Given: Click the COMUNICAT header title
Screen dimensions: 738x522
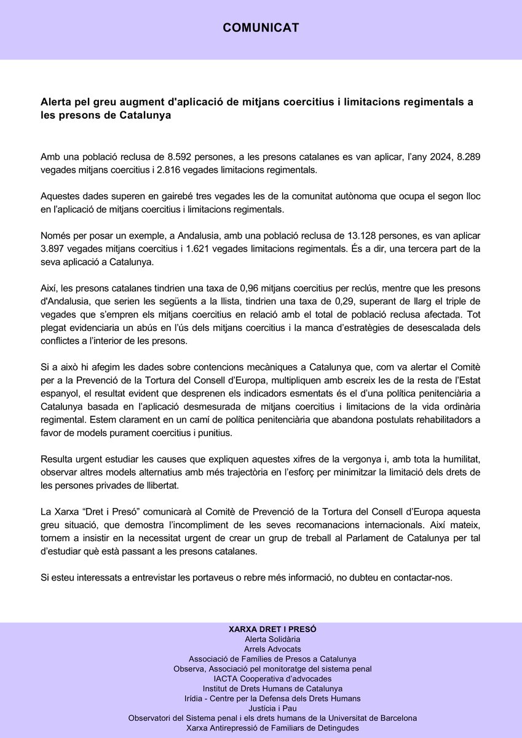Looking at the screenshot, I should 261,28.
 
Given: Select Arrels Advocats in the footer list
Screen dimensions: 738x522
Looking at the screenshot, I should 261,649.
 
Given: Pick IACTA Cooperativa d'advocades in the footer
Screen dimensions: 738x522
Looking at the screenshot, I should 261,678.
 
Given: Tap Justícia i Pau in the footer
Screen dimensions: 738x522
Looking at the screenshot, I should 261,708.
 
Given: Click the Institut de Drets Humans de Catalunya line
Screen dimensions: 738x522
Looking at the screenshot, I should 261,688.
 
